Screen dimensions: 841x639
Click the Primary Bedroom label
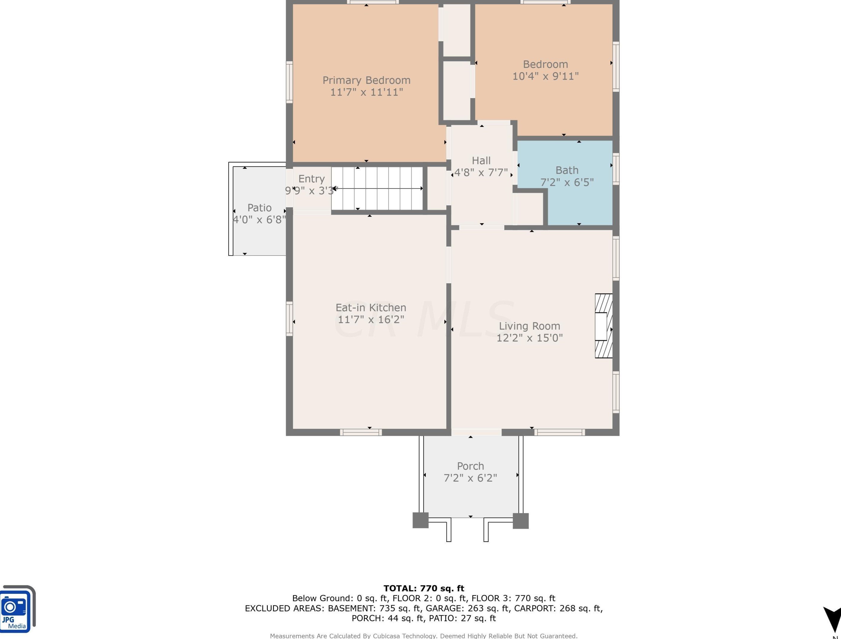(x=366, y=80)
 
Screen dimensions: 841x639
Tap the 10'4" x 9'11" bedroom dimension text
(x=546, y=76)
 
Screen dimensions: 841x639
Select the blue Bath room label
(x=567, y=170)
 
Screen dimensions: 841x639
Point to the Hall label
(x=481, y=160)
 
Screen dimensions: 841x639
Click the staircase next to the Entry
(x=377, y=188)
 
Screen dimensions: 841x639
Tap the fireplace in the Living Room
(x=604, y=326)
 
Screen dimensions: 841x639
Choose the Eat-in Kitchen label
(x=371, y=307)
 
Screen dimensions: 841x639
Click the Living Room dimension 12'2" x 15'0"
(x=530, y=338)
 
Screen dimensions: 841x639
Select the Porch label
(x=470, y=466)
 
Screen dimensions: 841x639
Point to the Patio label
(x=259, y=208)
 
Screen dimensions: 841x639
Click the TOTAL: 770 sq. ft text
(x=424, y=588)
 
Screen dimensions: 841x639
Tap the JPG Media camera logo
(x=17, y=608)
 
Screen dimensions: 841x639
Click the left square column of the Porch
(x=421, y=520)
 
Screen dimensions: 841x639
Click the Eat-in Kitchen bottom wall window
(x=361, y=432)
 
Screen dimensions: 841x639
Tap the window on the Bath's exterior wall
(x=616, y=169)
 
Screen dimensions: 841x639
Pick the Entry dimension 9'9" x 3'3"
(x=311, y=191)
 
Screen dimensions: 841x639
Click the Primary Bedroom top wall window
(x=372, y=2)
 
